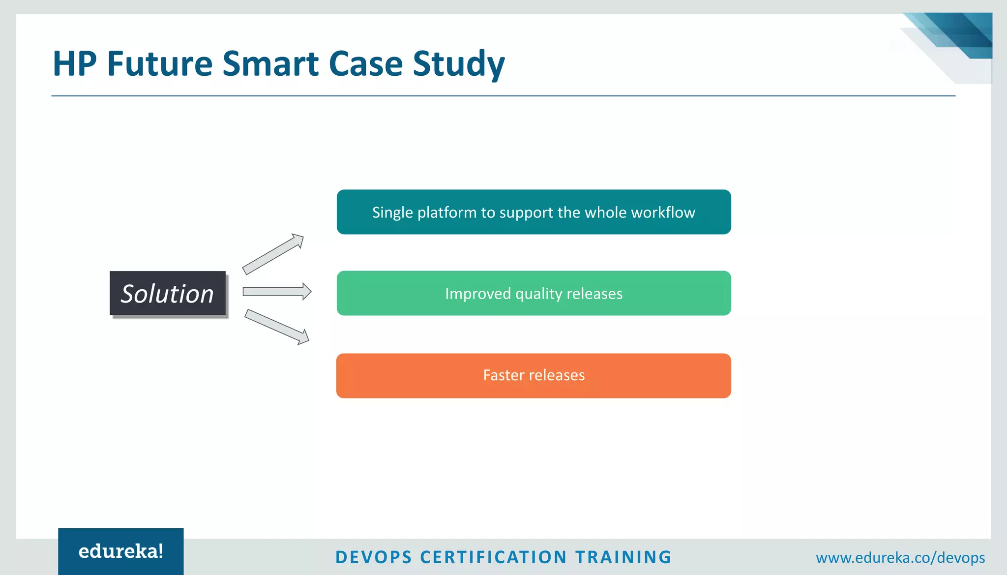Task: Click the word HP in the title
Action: tap(74, 64)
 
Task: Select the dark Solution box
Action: tap(168, 293)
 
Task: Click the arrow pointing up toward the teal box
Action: tap(273, 254)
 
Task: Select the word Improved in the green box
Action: tap(478, 294)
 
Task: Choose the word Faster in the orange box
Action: tap(503, 375)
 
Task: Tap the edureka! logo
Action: tap(121, 551)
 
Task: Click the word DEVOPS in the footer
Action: tap(374, 557)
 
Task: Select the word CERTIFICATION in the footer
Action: tap(494, 557)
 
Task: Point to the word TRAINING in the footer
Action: tap(623, 557)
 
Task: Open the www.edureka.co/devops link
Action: tap(900, 558)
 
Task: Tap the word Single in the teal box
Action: tap(392, 213)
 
